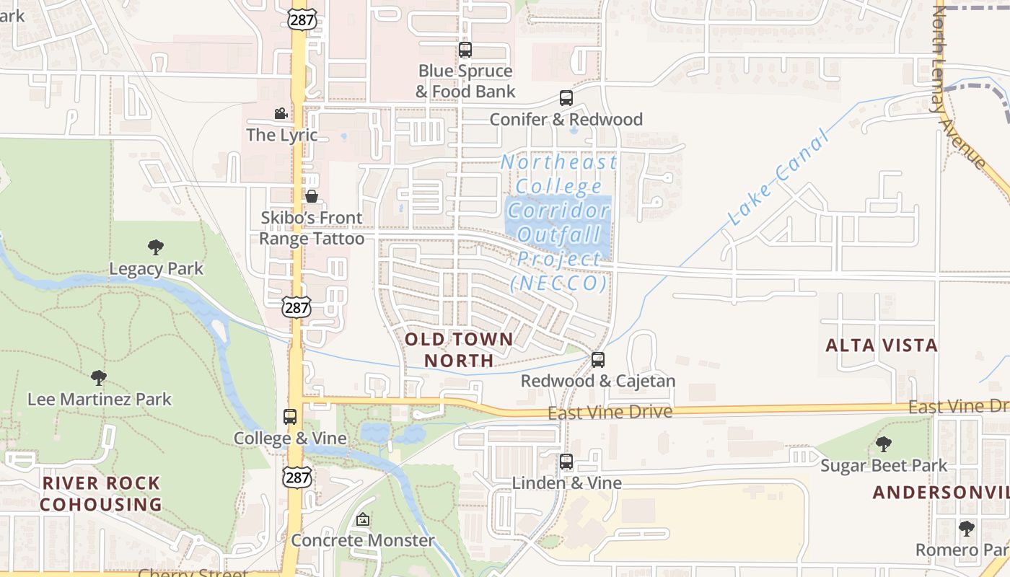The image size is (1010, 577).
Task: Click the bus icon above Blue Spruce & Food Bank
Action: click(x=465, y=50)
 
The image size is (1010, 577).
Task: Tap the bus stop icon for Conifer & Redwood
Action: click(x=566, y=98)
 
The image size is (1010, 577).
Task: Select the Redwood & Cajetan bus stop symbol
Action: click(x=598, y=359)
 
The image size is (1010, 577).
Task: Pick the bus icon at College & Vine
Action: click(x=290, y=416)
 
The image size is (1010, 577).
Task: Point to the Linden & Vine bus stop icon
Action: click(x=566, y=462)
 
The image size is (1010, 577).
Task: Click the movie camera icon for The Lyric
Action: click(x=281, y=113)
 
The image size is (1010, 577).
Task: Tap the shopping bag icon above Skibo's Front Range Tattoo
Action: click(x=312, y=195)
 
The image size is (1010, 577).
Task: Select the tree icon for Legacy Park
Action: click(x=156, y=247)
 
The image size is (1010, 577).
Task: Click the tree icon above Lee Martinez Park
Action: click(x=99, y=377)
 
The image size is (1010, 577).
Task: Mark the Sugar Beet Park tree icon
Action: click(x=883, y=444)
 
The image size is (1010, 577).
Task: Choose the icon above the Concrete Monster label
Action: click(x=363, y=519)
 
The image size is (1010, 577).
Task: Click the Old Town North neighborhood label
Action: click(x=459, y=349)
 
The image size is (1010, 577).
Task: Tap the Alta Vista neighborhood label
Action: click(x=882, y=345)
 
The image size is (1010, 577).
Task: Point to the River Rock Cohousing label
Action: click(x=101, y=493)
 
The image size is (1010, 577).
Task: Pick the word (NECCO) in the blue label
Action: click(x=558, y=283)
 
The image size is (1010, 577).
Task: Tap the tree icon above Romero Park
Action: click(x=967, y=529)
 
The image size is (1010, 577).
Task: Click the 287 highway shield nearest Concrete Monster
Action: click(x=298, y=477)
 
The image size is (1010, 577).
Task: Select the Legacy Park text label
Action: click(x=157, y=269)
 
